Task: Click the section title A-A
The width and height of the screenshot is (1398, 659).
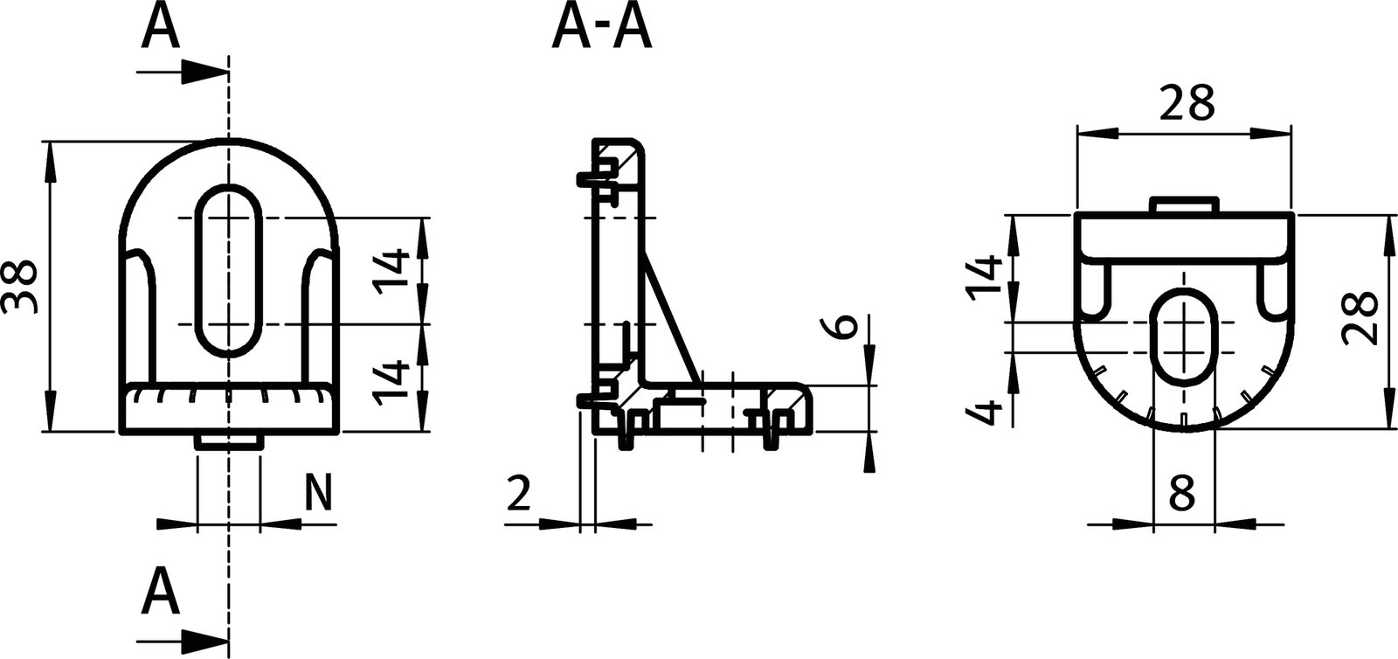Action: pyautogui.click(x=601, y=31)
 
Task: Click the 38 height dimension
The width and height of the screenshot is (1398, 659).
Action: pyautogui.click(x=19, y=286)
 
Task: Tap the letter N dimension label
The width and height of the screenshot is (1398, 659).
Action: pyautogui.click(x=319, y=493)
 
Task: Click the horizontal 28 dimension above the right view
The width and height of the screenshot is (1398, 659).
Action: pyautogui.click(x=1187, y=104)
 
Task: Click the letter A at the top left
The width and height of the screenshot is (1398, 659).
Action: pyautogui.click(x=161, y=27)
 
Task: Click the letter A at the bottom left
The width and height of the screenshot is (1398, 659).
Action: pyautogui.click(x=161, y=592)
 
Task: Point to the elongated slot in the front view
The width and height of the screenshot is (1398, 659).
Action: pyautogui.click(x=228, y=271)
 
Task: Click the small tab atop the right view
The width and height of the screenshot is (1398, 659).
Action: pyautogui.click(x=1183, y=205)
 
